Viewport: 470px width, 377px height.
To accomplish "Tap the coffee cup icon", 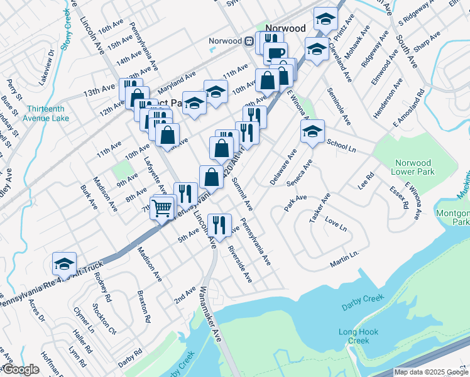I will (x=275, y=53).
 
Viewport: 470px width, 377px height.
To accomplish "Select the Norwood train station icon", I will (x=249, y=41).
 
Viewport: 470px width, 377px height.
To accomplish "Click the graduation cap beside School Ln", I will (x=312, y=131).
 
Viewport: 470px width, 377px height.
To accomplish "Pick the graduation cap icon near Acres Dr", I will (x=64, y=264).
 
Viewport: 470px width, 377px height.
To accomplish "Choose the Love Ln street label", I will (x=336, y=225).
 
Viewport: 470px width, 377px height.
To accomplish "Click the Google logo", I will (x=20, y=369).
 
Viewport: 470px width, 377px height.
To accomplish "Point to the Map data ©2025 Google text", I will (x=430, y=372).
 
